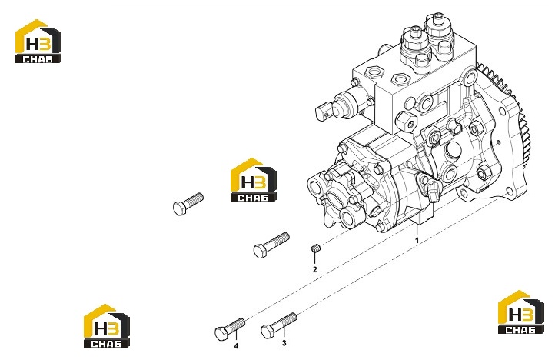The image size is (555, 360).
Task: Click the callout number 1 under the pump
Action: click(x=417, y=240)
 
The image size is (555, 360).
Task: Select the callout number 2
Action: click(x=314, y=270)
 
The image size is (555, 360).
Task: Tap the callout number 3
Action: click(x=284, y=343)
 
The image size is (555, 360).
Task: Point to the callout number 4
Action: click(x=236, y=346)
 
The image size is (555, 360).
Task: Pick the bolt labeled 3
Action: click(x=278, y=325)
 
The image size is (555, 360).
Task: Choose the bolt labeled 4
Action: click(x=230, y=329)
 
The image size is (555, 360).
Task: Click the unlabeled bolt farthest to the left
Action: click(x=188, y=204)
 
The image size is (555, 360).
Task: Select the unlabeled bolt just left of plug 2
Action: click(x=271, y=245)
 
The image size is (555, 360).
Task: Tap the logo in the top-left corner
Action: click(x=38, y=42)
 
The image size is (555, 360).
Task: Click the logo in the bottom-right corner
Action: click(x=520, y=312)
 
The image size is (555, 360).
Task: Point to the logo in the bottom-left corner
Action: click(x=107, y=325)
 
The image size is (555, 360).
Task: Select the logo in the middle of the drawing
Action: click(x=254, y=180)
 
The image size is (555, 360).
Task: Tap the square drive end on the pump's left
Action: click(x=324, y=111)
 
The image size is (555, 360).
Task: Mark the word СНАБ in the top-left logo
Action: click(x=38, y=58)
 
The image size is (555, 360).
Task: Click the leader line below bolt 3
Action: click(x=284, y=332)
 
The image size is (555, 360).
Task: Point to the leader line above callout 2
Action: click(x=314, y=258)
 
